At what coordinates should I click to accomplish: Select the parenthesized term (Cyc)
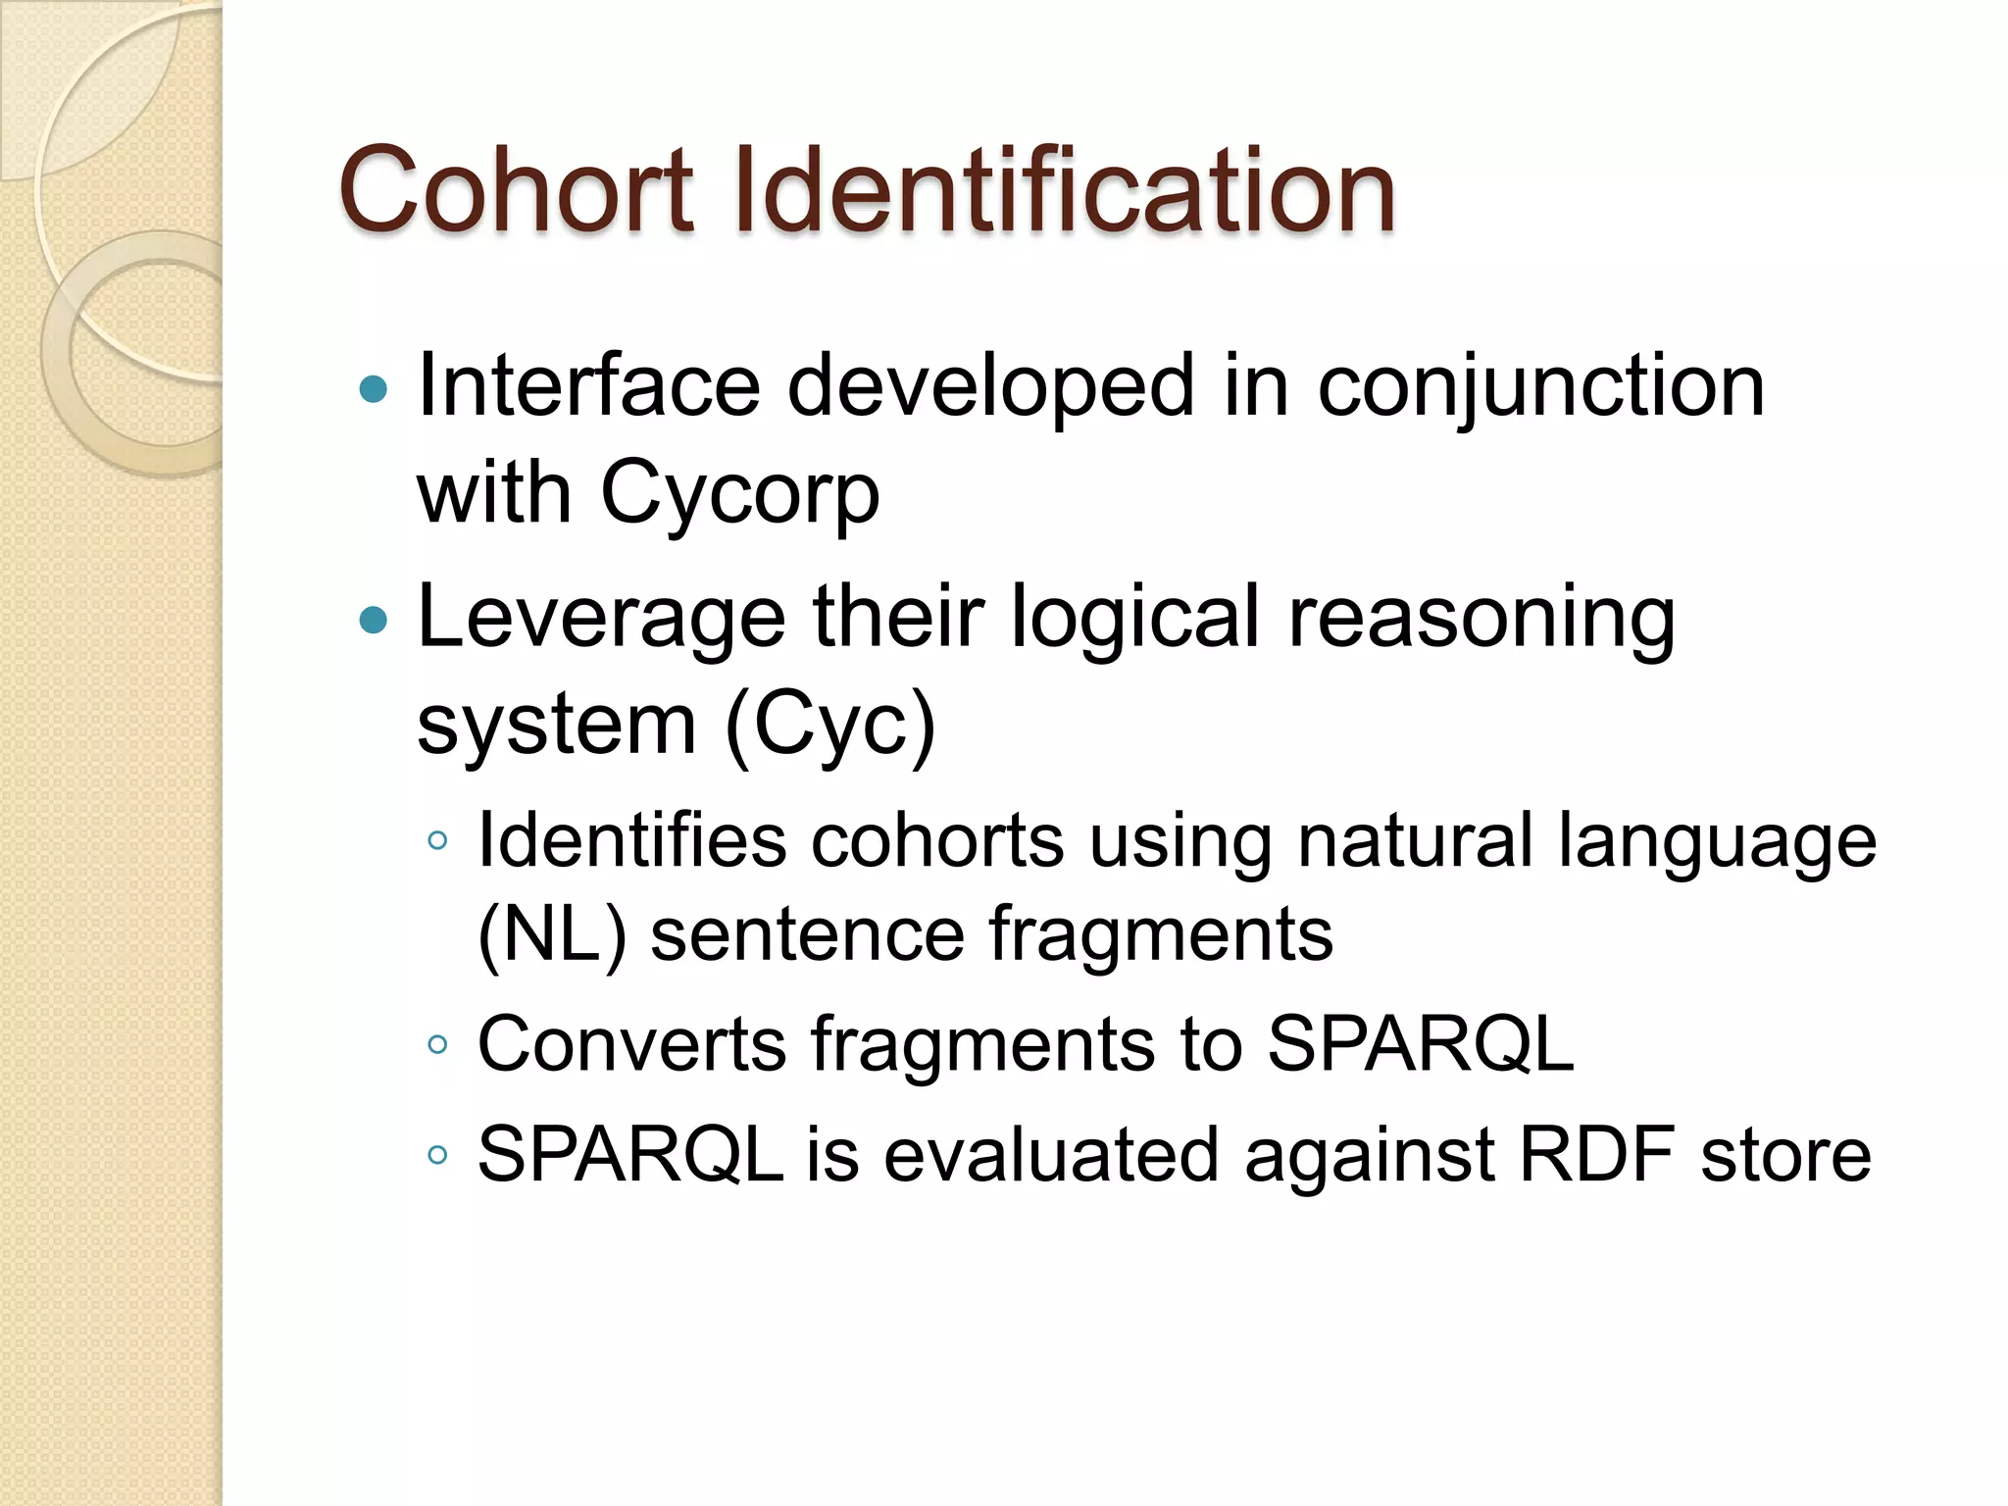click(x=829, y=726)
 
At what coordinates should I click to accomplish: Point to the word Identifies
click(x=632, y=841)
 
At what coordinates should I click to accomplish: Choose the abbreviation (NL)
click(x=552, y=934)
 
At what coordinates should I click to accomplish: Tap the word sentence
click(x=808, y=934)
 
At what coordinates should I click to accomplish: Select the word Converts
click(x=632, y=1044)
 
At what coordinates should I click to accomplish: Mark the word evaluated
click(x=1052, y=1155)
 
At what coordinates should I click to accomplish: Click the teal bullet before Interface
click(x=374, y=390)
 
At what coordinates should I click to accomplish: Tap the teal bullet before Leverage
click(x=374, y=621)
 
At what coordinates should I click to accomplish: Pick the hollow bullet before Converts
click(x=438, y=1045)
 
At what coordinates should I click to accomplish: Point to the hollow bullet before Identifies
click(x=438, y=840)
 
